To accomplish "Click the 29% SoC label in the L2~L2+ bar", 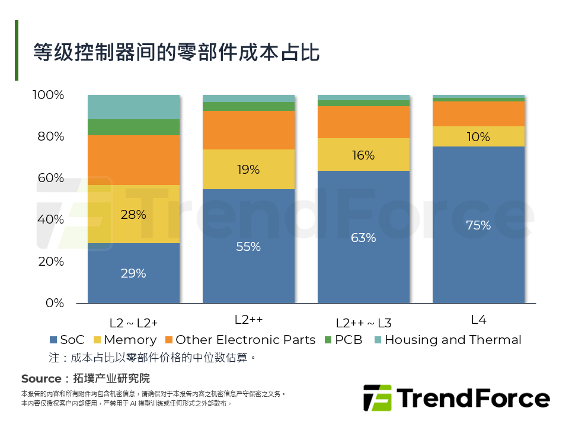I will pos(133,273).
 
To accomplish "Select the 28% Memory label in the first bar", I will pos(133,215).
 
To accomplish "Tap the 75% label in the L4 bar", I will pos(478,225).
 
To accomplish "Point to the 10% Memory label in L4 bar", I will pos(478,137).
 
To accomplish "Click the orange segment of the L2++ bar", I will pos(248,130).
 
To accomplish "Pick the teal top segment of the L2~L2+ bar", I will pos(133,107).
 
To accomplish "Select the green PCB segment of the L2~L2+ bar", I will pos(133,127).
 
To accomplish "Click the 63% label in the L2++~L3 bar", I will pos(363,238).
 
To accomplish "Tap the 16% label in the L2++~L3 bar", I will pos(363,155).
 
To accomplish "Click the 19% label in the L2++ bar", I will pos(248,170).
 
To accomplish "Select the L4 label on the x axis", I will pos(478,320).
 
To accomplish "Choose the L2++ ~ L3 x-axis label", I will pos(363,323).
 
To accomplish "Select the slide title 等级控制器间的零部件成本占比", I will pos(176,52).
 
